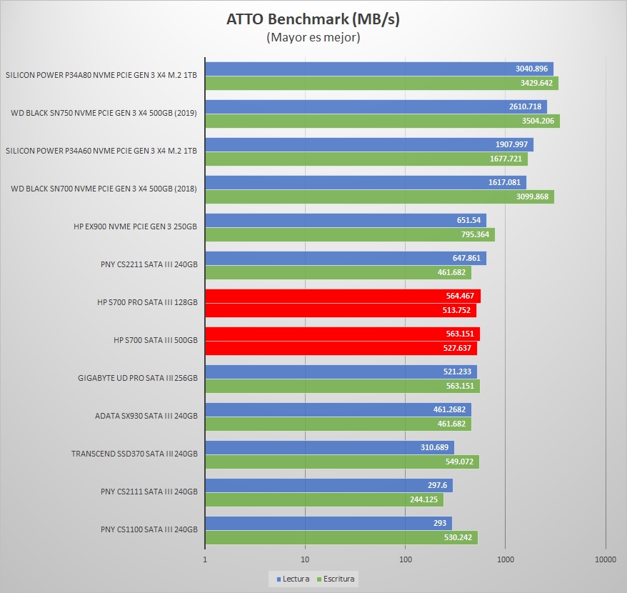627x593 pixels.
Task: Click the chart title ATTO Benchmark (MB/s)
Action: click(313, 19)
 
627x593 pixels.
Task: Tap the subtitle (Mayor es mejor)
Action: click(313, 37)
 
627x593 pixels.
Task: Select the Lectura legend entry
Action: click(293, 578)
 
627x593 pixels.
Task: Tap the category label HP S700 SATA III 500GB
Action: click(147, 340)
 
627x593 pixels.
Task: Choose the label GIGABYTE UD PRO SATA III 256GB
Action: click(137, 378)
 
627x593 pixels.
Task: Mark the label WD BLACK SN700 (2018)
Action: click(104, 189)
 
